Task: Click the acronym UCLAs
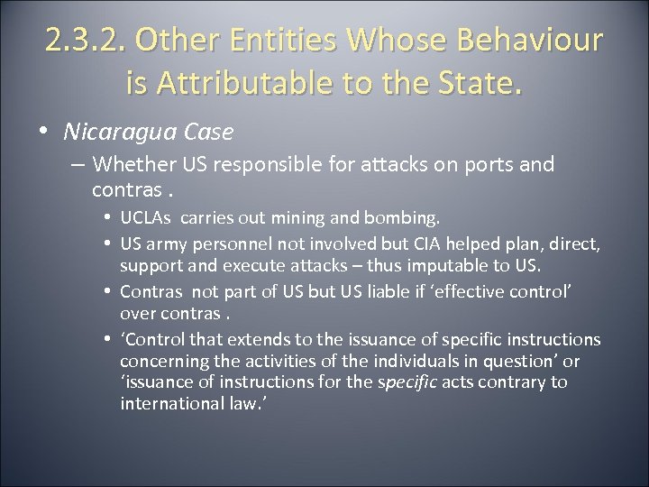tap(146, 219)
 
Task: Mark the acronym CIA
tap(423, 245)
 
